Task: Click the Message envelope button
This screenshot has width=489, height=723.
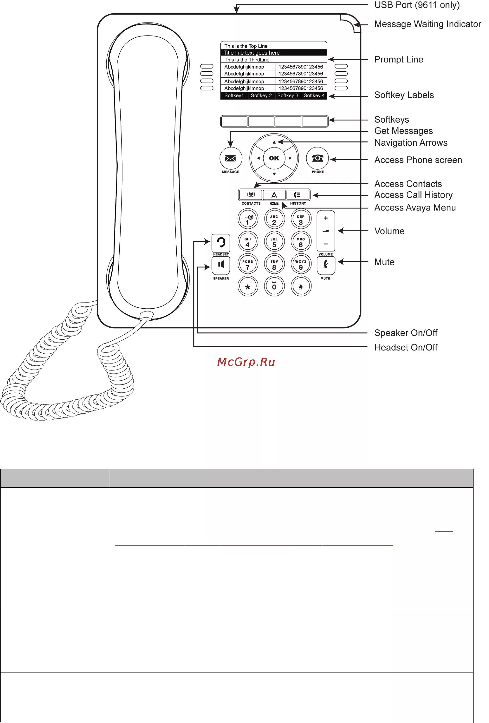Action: pyautogui.click(x=231, y=158)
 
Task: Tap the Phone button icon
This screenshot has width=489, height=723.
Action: pyautogui.click(x=317, y=158)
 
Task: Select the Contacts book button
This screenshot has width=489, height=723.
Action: pyautogui.click(x=251, y=195)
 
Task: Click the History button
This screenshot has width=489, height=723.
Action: pyautogui.click(x=298, y=195)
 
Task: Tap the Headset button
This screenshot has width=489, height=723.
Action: pyautogui.click(x=221, y=243)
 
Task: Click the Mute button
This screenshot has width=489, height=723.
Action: pyautogui.click(x=326, y=265)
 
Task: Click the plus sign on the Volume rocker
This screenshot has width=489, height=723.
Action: pyautogui.click(x=326, y=218)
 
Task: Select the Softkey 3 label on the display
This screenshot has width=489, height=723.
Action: pyautogui.click(x=288, y=95)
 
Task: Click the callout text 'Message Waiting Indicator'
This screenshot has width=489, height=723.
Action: pyautogui.click(x=427, y=24)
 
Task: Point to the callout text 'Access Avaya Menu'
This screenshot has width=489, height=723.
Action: pyautogui.click(x=415, y=208)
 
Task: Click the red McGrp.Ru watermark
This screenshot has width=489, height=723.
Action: pyautogui.click(x=246, y=362)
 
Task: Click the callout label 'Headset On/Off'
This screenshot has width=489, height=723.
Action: pyautogui.click(x=406, y=347)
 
